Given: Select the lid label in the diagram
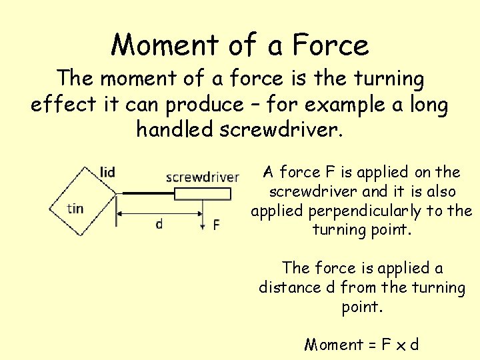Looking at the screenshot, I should point(107,172).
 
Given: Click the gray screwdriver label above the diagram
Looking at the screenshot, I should point(202,177).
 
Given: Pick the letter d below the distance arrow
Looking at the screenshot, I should point(159,224).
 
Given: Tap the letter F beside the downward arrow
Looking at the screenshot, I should point(216,225).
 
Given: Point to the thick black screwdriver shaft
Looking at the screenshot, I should point(147,194).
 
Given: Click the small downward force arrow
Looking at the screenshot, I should point(203,223).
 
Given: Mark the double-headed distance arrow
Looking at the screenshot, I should point(160,213).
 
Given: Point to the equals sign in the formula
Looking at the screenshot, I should point(371,345).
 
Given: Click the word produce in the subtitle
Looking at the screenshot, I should point(205,105).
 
